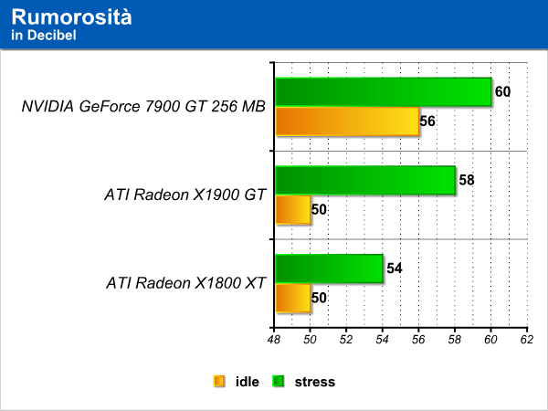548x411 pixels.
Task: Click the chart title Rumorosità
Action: (x=71, y=16)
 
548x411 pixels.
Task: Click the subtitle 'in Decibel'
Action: (x=44, y=36)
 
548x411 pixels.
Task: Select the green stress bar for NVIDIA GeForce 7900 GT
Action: (x=384, y=91)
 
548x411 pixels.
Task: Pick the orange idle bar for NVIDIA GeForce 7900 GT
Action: (x=347, y=121)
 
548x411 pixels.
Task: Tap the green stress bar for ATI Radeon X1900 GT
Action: (x=365, y=180)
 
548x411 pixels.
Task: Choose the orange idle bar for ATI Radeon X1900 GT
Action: (x=293, y=210)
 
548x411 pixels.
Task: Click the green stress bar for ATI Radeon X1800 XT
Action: (x=329, y=269)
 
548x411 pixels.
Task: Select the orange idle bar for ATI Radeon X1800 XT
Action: (x=293, y=298)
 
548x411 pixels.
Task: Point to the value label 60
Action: (x=502, y=91)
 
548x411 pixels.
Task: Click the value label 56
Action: (x=427, y=121)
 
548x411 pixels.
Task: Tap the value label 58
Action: (x=467, y=180)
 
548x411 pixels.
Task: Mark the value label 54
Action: (x=395, y=269)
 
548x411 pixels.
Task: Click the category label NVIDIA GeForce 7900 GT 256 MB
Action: (x=143, y=106)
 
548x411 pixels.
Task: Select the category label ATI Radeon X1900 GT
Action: (x=185, y=195)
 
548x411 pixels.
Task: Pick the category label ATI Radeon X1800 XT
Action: (x=186, y=283)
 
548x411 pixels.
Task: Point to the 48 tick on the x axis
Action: (x=274, y=340)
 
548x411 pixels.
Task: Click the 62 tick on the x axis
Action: (x=527, y=340)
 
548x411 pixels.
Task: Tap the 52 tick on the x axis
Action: (x=346, y=340)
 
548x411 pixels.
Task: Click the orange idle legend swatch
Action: (x=219, y=381)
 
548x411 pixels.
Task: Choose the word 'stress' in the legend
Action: (x=315, y=382)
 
